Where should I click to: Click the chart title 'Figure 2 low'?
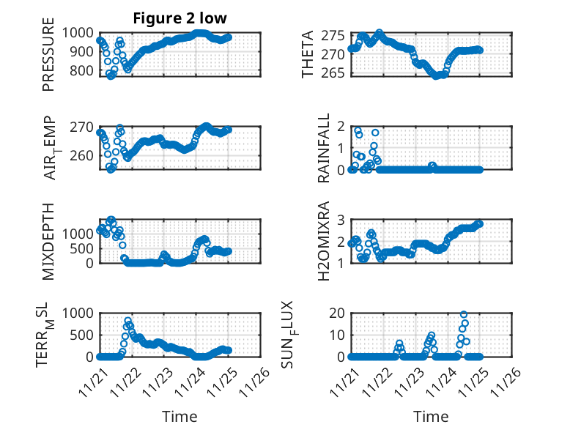[180, 18]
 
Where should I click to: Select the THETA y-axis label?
[308, 53]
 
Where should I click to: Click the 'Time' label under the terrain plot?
[179, 417]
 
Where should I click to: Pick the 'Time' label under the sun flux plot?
[431, 417]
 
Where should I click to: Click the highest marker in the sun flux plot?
[464, 314]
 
